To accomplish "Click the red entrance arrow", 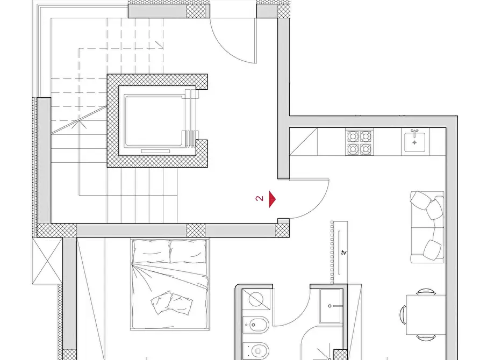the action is (272, 199).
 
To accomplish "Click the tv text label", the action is (344, 253).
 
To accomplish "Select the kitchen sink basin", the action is (415, 142).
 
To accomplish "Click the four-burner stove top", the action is (360, 142).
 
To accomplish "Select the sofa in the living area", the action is (427, 227).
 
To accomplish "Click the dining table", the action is (426, 315).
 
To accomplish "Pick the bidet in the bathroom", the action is (256, 325).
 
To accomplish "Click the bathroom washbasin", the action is (331, 306).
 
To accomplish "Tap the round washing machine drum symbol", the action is (256, 299).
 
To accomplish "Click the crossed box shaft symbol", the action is (47, 261).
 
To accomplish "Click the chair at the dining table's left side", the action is (403, 315).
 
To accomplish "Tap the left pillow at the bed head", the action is (151, 251).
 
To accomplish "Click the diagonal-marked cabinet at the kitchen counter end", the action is (303, 142).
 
